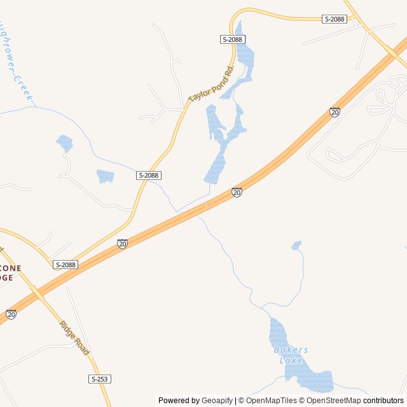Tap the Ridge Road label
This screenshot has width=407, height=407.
[x=74, y=338]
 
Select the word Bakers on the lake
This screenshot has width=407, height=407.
[x=291, y=350]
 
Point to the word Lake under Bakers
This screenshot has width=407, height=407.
[x=291, y=361]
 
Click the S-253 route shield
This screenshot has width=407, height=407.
[x=100, y=379]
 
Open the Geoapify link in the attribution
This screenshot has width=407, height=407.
[x=217, y=401]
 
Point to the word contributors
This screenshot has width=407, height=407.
[x=384, y=401]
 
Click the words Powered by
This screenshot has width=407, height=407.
[x=179, y=401]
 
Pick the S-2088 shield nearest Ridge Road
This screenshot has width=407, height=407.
[x=66, y=265]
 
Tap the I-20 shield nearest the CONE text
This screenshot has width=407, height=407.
[x=11, y=314]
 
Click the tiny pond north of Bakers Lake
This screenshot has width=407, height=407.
[x=296, y=245]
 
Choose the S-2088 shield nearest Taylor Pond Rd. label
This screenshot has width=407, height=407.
[x=233, y=39]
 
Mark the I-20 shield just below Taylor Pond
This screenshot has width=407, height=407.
[x=237, y=192]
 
